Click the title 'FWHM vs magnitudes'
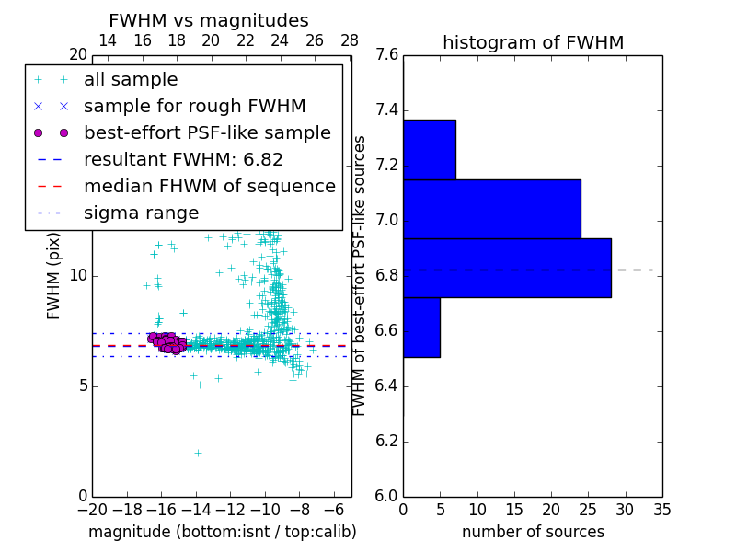tap(208, 20)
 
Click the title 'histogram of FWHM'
tap(533, 42)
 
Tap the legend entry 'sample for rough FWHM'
tap(194, 106)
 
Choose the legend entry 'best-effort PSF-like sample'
tap(207, 132)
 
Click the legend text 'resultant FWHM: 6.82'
tap(183, 159)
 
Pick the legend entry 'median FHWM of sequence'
tap(209, 186)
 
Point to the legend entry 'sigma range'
tap(141, 213)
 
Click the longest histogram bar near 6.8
tap(507, 268)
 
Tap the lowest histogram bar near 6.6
tap(421, 327)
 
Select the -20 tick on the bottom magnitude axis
tap(92, 509)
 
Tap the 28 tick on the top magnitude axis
tap(350, 40)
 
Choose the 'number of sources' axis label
tap(533, 532)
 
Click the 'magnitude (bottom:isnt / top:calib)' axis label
tap(222, 532)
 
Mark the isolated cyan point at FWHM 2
tap(198, 453)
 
